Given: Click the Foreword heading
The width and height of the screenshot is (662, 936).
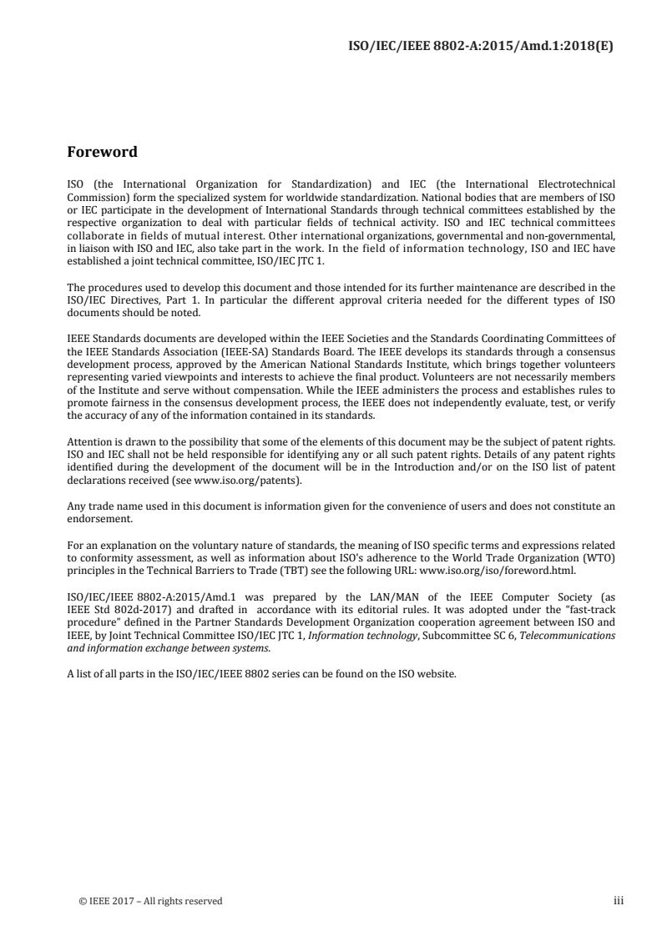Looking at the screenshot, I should tap(102, 153).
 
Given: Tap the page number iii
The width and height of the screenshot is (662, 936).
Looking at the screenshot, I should tap(619, 900).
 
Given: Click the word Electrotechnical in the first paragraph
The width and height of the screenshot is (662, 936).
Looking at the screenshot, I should tap(579, 182).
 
